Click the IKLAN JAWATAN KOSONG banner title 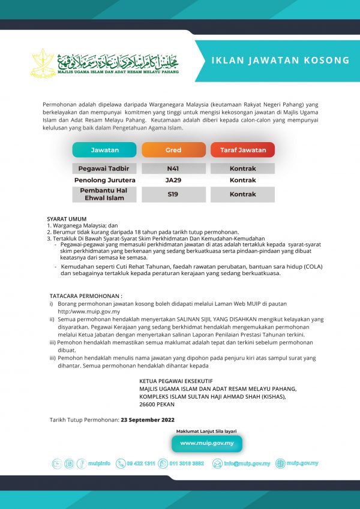[x=280, y=60]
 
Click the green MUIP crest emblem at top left [x=42, y=62]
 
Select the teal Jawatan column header [x=104, y=150]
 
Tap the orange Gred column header [x=173, y=150]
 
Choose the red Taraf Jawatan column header [x=242, y=150]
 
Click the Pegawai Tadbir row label [x=104, y=168]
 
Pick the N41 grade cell [x=173, y=168]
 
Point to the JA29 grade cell [x=173, y=180]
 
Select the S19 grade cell [x=173, y=194]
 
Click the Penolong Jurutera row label [x=104, y=180]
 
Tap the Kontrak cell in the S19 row [x=242, y=194]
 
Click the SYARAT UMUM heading [x=67, y=219]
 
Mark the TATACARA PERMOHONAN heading [x=86, y=296]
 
